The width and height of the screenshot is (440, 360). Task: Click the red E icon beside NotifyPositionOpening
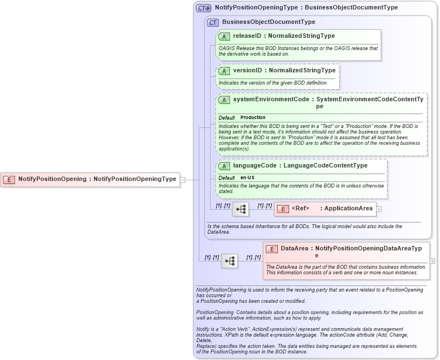9,179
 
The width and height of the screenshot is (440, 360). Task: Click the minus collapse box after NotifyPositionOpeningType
183,180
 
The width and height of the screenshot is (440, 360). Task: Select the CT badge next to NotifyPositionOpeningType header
204,8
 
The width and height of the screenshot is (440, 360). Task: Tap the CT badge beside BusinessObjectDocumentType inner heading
213,22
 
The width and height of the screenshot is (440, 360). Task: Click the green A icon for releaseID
224,36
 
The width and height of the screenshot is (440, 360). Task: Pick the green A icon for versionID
224,71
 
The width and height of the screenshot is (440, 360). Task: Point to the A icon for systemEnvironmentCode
224,100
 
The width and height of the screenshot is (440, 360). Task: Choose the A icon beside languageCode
224,166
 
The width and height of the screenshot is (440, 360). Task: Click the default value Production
253,117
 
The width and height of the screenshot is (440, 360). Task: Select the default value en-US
247,177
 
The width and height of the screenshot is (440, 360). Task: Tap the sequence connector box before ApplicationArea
241,209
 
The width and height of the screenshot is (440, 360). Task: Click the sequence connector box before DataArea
229,260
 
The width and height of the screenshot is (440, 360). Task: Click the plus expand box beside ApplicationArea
379,209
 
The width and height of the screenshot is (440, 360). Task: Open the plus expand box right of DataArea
432,260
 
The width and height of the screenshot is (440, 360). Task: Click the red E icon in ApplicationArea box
283,209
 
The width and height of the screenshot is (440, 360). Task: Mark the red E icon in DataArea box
272,249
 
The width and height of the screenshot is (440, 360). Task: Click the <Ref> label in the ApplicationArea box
300,209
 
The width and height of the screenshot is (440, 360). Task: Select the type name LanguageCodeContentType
325,166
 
